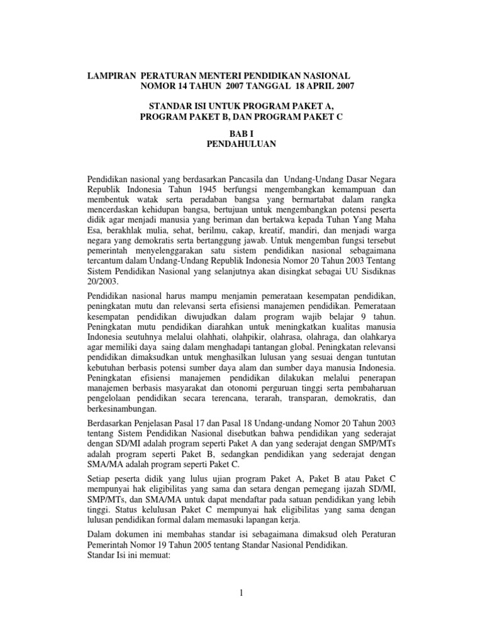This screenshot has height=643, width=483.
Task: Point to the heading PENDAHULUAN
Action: pos(241,144)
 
